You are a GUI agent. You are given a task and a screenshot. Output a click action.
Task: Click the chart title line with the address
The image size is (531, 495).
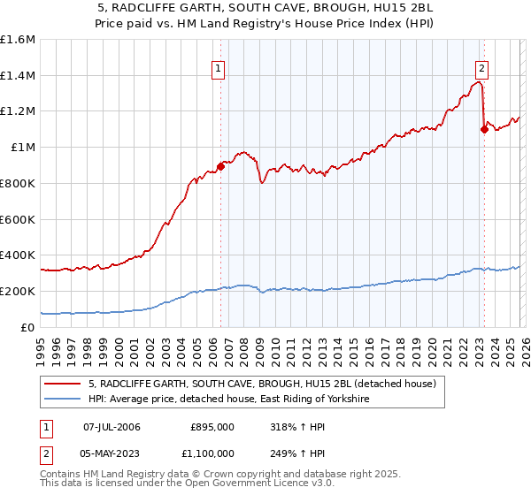tap(265, 7)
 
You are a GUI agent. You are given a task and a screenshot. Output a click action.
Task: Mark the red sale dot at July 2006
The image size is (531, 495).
tap(220, 166)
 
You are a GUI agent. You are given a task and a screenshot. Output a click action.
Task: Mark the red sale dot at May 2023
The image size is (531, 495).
tap(483, 130)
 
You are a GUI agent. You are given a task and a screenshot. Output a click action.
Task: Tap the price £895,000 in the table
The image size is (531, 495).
tap(212, 427)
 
